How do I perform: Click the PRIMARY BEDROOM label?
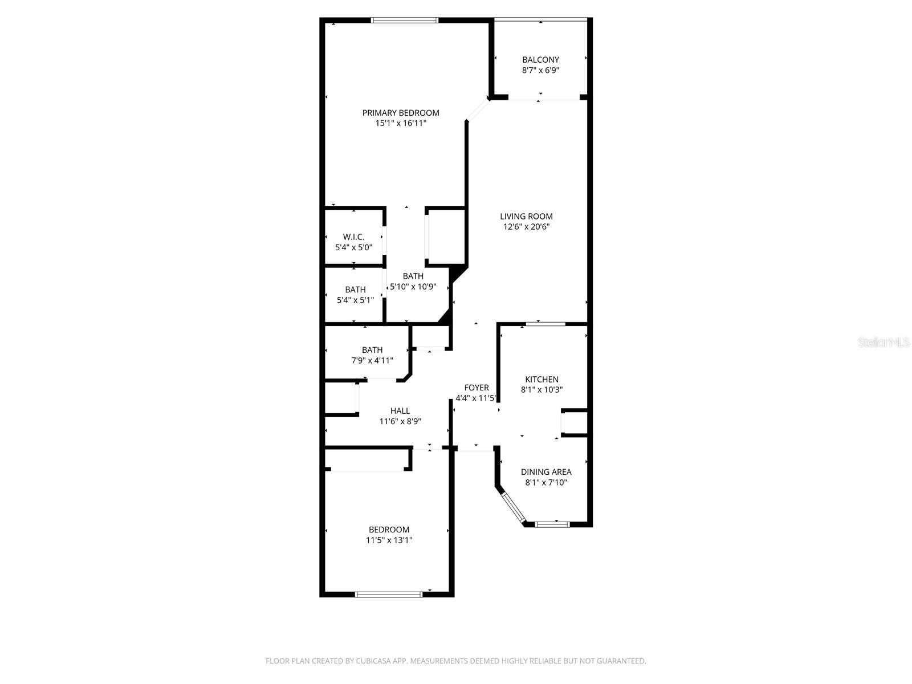point(401,113)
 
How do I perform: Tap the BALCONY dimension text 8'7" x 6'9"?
point(540,71)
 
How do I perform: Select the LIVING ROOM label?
point(526,216)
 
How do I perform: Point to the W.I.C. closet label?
point(353,237)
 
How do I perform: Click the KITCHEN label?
point(541,379)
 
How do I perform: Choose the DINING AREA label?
point(546,472)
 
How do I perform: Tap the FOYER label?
point(477,388)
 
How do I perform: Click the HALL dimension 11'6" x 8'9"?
point(400,422)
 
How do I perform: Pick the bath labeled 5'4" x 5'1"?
point(355,300)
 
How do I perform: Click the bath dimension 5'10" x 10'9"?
point(413,287)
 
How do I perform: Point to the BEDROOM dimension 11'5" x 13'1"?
point(389,540)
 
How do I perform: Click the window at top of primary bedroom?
point(405,21)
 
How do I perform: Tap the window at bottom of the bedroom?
point(389,594)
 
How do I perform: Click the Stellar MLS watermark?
point(884,343)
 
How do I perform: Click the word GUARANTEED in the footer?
point(621,661)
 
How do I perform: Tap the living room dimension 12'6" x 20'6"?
point(526,226)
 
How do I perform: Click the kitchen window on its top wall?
point(545,324)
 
